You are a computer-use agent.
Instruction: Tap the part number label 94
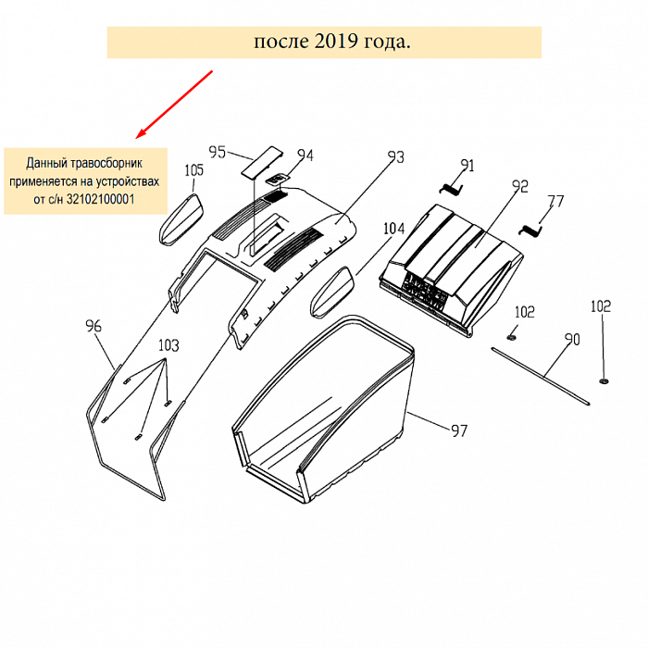(x=305, y=156)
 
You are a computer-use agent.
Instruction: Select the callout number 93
(x=395, y=157)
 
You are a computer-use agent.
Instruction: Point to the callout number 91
(x=467, y=166)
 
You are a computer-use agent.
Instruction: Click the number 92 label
(x=519, y=186)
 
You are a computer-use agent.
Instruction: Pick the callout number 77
(x=555, y=201)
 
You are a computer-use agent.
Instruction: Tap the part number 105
(x=193, y=170)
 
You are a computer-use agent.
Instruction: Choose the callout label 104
(x=394, y=228)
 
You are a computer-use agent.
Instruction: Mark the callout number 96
(x=93, y=326)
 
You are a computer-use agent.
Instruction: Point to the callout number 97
(x=459, y=430)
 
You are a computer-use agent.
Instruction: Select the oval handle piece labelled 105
(x=181, y=218)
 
